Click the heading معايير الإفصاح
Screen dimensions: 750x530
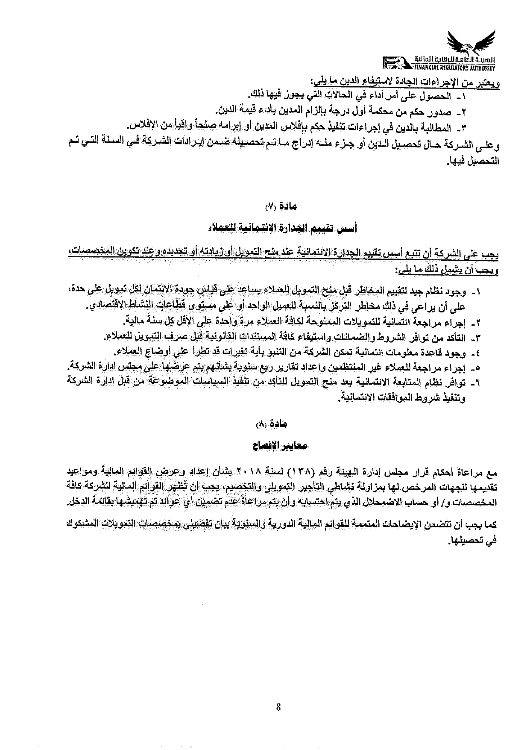coord(278,446)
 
